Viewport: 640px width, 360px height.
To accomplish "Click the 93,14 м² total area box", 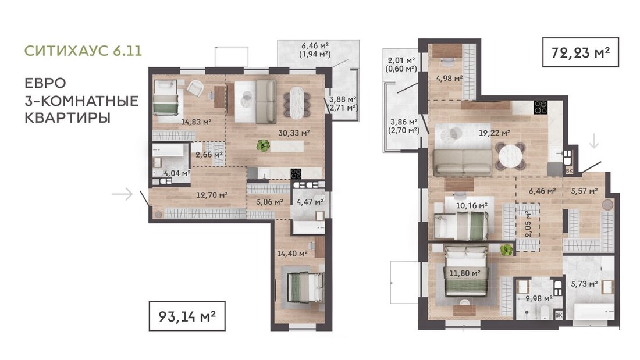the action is point(187,316).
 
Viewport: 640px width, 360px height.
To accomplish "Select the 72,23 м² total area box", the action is point(581,52).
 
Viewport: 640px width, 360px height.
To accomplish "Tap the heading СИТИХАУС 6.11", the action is point(83,51).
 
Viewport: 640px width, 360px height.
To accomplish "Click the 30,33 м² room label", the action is point(294,133).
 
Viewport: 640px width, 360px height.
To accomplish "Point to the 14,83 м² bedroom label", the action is point(196,121).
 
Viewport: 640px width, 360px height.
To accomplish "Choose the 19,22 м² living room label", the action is point(495,133).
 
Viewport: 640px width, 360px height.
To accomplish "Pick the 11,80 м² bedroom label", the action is point(464,273).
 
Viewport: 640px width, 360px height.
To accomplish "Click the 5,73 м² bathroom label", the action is point(585,284).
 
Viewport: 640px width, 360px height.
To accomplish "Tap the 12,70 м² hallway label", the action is point(212,195).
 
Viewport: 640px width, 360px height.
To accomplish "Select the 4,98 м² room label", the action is point(449,78).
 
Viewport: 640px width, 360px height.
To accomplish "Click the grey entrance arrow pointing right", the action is point(122,194).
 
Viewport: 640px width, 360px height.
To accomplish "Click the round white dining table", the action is point(510,156).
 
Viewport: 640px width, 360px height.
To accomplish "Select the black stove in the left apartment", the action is point(296,174).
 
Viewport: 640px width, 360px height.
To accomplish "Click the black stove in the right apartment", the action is point(541,108).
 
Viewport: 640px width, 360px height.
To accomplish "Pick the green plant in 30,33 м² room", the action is point(263,145).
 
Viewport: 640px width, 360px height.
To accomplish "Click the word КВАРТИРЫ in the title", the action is point(67,118).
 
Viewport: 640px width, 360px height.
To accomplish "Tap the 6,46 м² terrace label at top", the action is point(315,46).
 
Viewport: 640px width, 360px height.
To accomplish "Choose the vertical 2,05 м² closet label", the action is point(528,224).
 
